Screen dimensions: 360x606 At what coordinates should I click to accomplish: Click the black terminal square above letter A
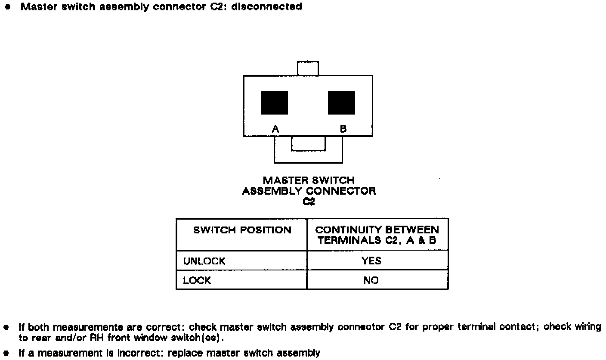pyautogui.click(x=274, y=102)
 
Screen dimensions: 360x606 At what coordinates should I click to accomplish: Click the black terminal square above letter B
pyautogui.click(x=341, y=102)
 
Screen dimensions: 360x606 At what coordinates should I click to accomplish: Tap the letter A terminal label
pyautogui.click(x=275, y=128)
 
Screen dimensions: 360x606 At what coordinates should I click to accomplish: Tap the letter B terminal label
pyautogui.click(x=343, y=128)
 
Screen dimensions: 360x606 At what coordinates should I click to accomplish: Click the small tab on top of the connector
pyautogui.click(x=308, y=68)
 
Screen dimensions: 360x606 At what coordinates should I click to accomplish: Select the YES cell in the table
pyautogui.click(x=371, y=261)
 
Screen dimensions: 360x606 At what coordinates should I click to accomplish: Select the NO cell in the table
pyautogui.click(x=371, y=280)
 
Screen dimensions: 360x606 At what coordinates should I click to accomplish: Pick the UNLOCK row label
pyautogui.click(x=204, y=261)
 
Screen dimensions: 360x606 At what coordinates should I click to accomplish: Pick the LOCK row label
pyautogui.click(x=197, y=280)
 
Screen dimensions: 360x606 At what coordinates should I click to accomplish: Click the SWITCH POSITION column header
pyautogui.click(x=242, y=230)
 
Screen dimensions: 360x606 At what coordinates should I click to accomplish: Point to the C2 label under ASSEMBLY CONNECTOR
pyautogui.click(x=309, y=201)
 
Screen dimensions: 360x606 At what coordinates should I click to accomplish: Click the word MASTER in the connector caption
pyautogui.click(x=284, y=180)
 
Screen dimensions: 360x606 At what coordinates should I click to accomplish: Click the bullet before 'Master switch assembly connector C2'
pyautogui.click(x=7, y=7)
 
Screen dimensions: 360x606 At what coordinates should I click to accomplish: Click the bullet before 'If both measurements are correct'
pyautogui.click(x=6, y=327)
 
